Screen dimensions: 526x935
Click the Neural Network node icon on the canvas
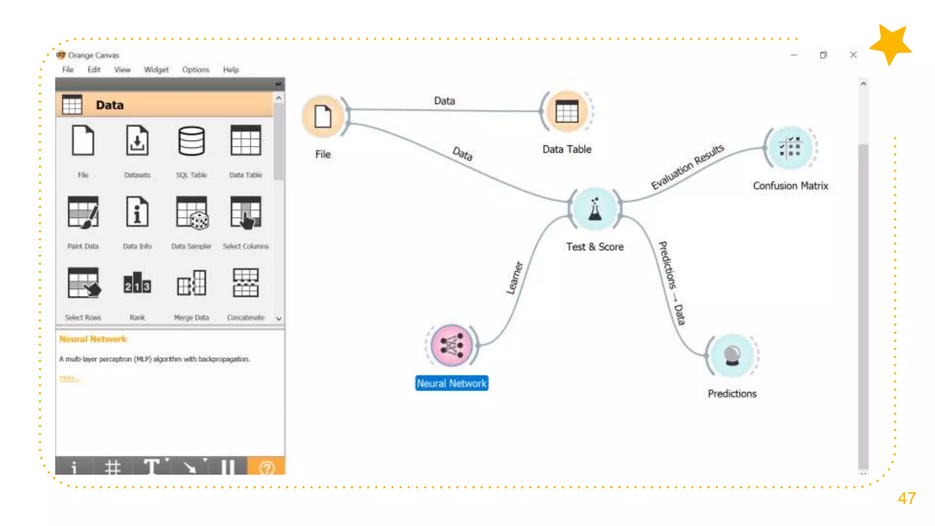click(x=452, y=346)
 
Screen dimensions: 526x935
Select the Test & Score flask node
click(x=594, y=209)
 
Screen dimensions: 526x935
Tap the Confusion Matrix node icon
click(x=791, y=148)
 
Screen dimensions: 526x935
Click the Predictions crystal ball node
click(x=732, y=356)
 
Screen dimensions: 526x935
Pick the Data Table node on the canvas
click(x=567, y=111)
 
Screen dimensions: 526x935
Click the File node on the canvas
click(x=323, y=116)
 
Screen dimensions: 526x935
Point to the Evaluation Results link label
click(x=687, y=166)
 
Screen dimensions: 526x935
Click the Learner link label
click(x=515, y=278)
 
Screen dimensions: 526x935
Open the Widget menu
click(x=156, y=69)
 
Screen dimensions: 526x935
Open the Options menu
click(x=195, y=69)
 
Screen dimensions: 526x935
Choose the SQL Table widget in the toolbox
click(x=191, y=142)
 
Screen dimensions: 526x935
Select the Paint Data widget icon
click(x=83, y=212)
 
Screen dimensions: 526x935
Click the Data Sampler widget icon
click(x=192, y=212)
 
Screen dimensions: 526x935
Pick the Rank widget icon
click(x=137, y=283)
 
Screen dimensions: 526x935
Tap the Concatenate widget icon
click(x=246, y=283)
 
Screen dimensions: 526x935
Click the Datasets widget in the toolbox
click(x=137, y=142)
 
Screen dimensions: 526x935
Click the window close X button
click(x=853, y=55)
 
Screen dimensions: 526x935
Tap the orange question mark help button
click(x=267, y=467)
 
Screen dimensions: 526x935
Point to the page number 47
click(x=907, y=498)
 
